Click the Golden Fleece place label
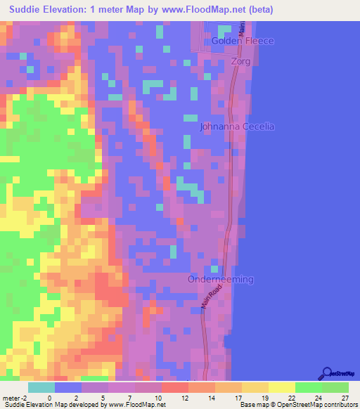243,41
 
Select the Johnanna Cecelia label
237,127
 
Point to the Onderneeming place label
221,280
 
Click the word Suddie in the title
27,10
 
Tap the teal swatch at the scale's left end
41,387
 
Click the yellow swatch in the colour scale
281,387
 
